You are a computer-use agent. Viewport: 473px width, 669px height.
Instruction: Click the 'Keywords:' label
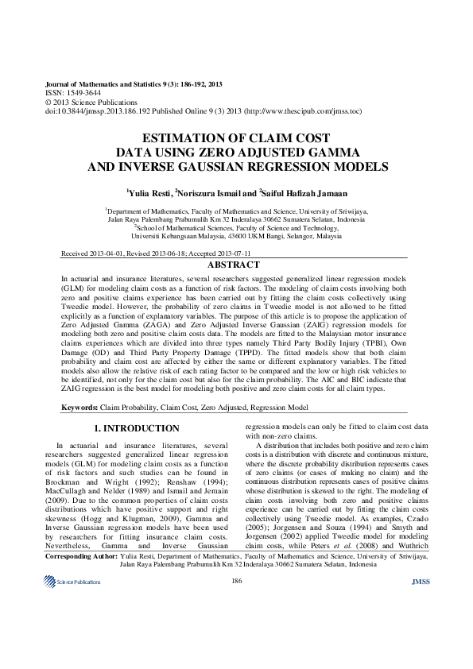click(80, 407)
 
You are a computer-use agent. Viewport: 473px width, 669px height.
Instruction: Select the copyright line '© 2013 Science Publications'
click(91, 102)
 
